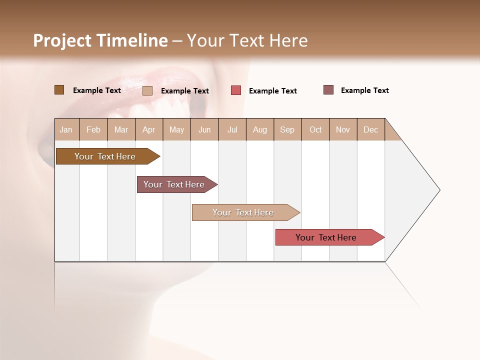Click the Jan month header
pyautogui.click(x=66, y=129)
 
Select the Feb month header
pyautogui.click(x=93, y=129)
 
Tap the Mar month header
pyautogui.click(x=121, y=129)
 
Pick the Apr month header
pyautogui.click(x=149, y=129)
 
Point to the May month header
pyautogui.click(x=176, y=129)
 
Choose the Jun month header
pyautogui.click(x=204, y=129)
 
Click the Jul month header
pyautogui.click(x=232, y=129)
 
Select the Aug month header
pyautogui.click(x=260, y=129)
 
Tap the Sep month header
pyautogui.click(x=287, y=129)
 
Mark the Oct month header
pyautogui.click(x=315, y=129)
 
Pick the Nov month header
pyautogui.click(x=343, y=129)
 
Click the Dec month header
pyautogui.click(x=371, y=129)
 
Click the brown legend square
pyautogui.click(x=59, y=90)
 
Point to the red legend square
pyautogui.click(x=236, y=90)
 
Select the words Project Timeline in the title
pyautogui.click(x=100, y=40)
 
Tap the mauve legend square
pyautogui.click(x=328, y=90)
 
